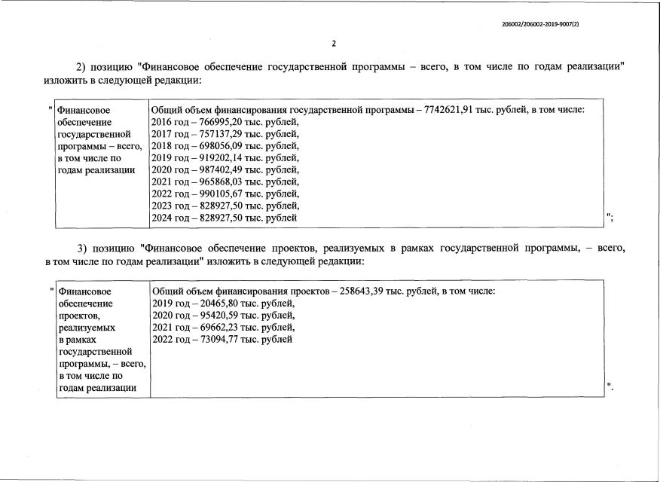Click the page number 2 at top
334,42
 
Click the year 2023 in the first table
163,206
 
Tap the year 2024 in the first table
163,218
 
